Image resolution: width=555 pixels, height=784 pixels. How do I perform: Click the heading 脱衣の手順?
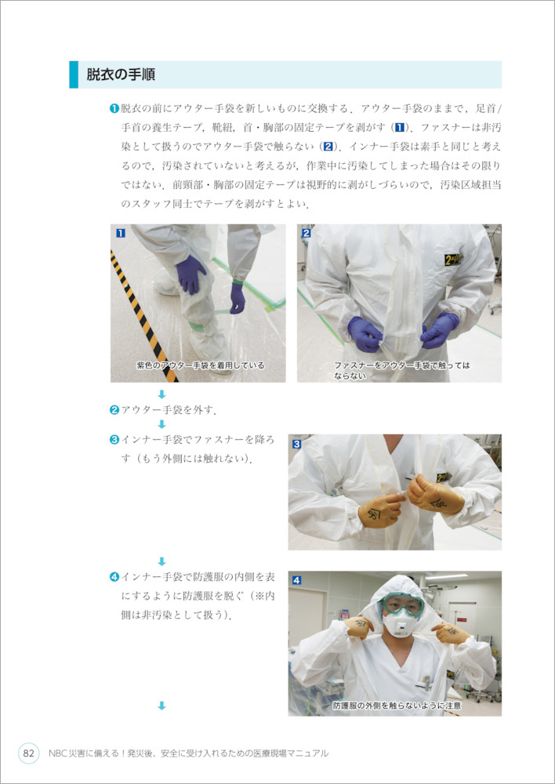121,74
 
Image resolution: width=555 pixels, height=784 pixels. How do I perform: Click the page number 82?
29,753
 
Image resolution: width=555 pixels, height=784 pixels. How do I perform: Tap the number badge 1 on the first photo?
120,233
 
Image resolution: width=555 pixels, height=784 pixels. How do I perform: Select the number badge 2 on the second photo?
307,233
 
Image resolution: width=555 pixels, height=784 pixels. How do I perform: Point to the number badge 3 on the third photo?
296,444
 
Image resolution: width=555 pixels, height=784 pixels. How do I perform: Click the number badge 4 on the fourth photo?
296,580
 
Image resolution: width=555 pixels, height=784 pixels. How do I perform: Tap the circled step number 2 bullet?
114,411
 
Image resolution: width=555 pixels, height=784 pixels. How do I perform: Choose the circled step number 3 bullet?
114,440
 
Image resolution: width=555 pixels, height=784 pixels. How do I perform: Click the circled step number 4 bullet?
114,577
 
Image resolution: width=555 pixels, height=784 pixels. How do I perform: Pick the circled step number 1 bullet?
114,108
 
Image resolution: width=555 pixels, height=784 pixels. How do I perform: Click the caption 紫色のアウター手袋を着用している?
201,365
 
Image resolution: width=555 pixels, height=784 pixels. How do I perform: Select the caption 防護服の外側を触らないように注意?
397,706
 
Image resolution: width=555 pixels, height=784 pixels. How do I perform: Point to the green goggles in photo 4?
402,606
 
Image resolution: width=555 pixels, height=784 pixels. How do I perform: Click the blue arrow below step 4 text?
161,706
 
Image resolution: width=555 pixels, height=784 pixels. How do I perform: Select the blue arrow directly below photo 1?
161,394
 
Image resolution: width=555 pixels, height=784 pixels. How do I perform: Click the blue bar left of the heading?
74,74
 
